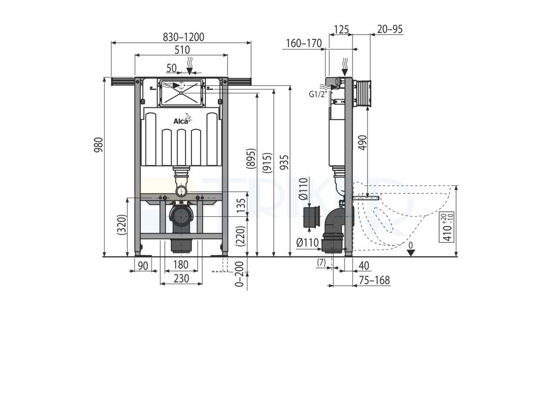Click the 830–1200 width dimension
183,37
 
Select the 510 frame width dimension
182,50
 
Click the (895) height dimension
251,159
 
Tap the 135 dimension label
241,206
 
